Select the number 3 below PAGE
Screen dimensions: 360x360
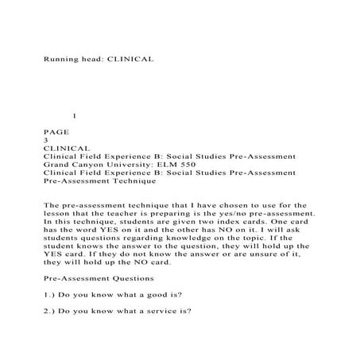pos(46,139)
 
